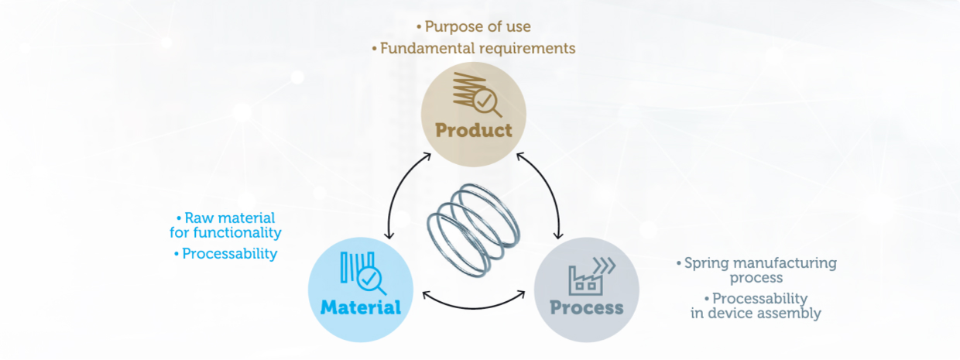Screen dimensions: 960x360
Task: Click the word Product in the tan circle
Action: pos(474,129)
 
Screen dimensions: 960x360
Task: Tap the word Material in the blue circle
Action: pos(361,307)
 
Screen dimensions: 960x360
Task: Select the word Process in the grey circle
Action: pos(586,307)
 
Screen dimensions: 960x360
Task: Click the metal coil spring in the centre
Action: pos(473,225)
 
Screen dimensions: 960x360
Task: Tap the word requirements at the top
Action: pos(533,48)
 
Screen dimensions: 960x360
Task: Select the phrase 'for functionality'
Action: pos(225,232)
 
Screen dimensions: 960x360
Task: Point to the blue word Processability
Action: pos(229,253)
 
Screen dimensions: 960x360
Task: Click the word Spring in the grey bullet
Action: pos(703,263)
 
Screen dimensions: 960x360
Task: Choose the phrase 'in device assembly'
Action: pos(756,313)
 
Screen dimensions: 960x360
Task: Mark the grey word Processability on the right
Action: pos(759,298)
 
